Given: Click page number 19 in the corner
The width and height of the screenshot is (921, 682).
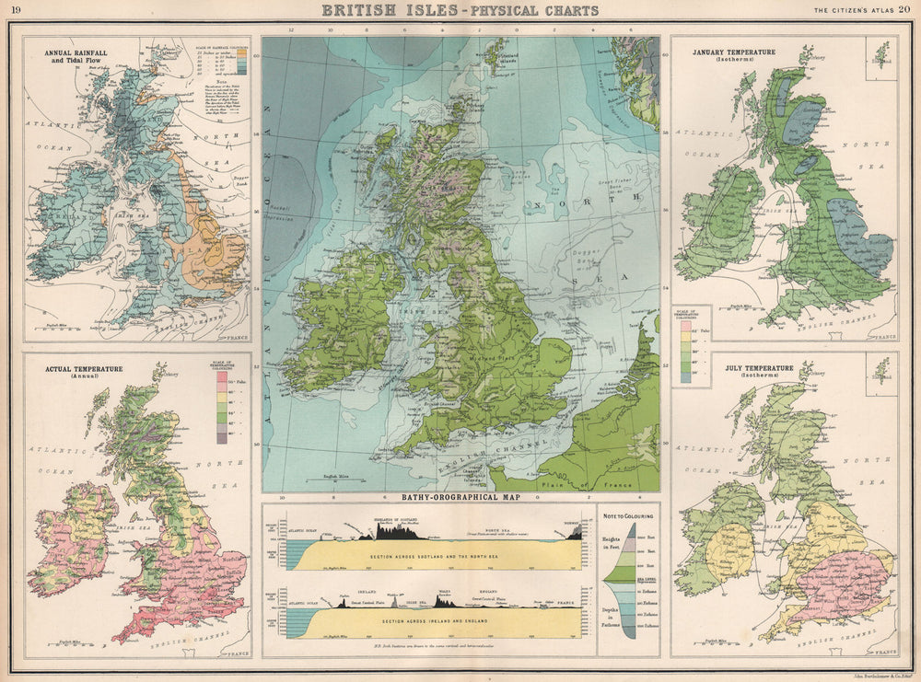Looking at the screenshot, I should pyautogui.click(x=17, y=10).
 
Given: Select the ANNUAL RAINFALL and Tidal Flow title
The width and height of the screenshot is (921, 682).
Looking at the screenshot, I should pyautogui.click(x=77, y=58).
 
